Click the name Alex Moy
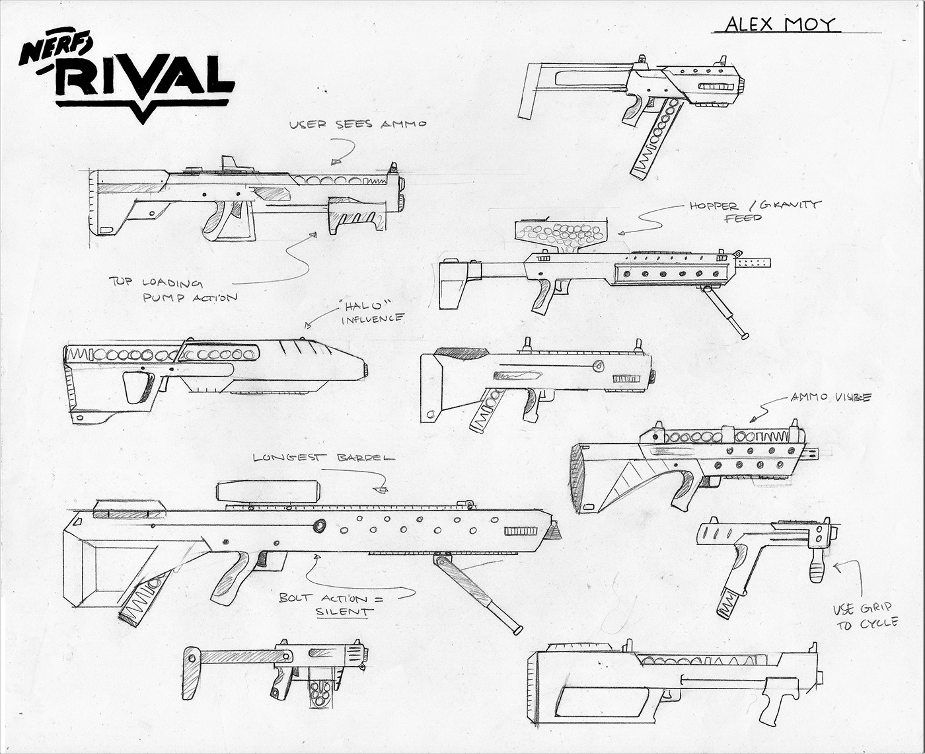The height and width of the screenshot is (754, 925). pyautogui.click(x=780, y=24)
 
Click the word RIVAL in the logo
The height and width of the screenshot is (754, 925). pyautogui.click(x=145, y=76)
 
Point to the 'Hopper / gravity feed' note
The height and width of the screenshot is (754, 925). pyautogui.click(x=754, y=211)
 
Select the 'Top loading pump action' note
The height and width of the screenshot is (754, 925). pyautogui.click(x=173, y=290)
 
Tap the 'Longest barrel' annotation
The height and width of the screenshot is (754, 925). pyautogui.click(x=324, y=458)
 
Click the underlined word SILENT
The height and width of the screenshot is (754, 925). pyautogui.click(x=344, y=612)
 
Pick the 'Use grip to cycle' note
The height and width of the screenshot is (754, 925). pyautogui.click(x=865, y=616)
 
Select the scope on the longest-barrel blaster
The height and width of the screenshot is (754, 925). pyautogui.click(x=268, y=491)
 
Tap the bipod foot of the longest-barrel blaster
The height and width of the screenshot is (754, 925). pyautogui.click(x=517, y=630)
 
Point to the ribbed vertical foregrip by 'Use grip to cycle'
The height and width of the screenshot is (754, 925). pyautogui.click(x=817, y=565)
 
